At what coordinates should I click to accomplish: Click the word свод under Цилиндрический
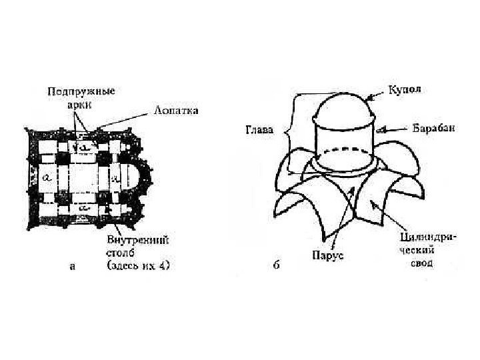tap(420, 263)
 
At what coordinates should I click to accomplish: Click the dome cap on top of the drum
tap(345, 107)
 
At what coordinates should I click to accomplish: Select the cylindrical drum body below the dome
tap(345, 143)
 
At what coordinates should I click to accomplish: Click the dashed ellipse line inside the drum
tap(345, 150)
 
